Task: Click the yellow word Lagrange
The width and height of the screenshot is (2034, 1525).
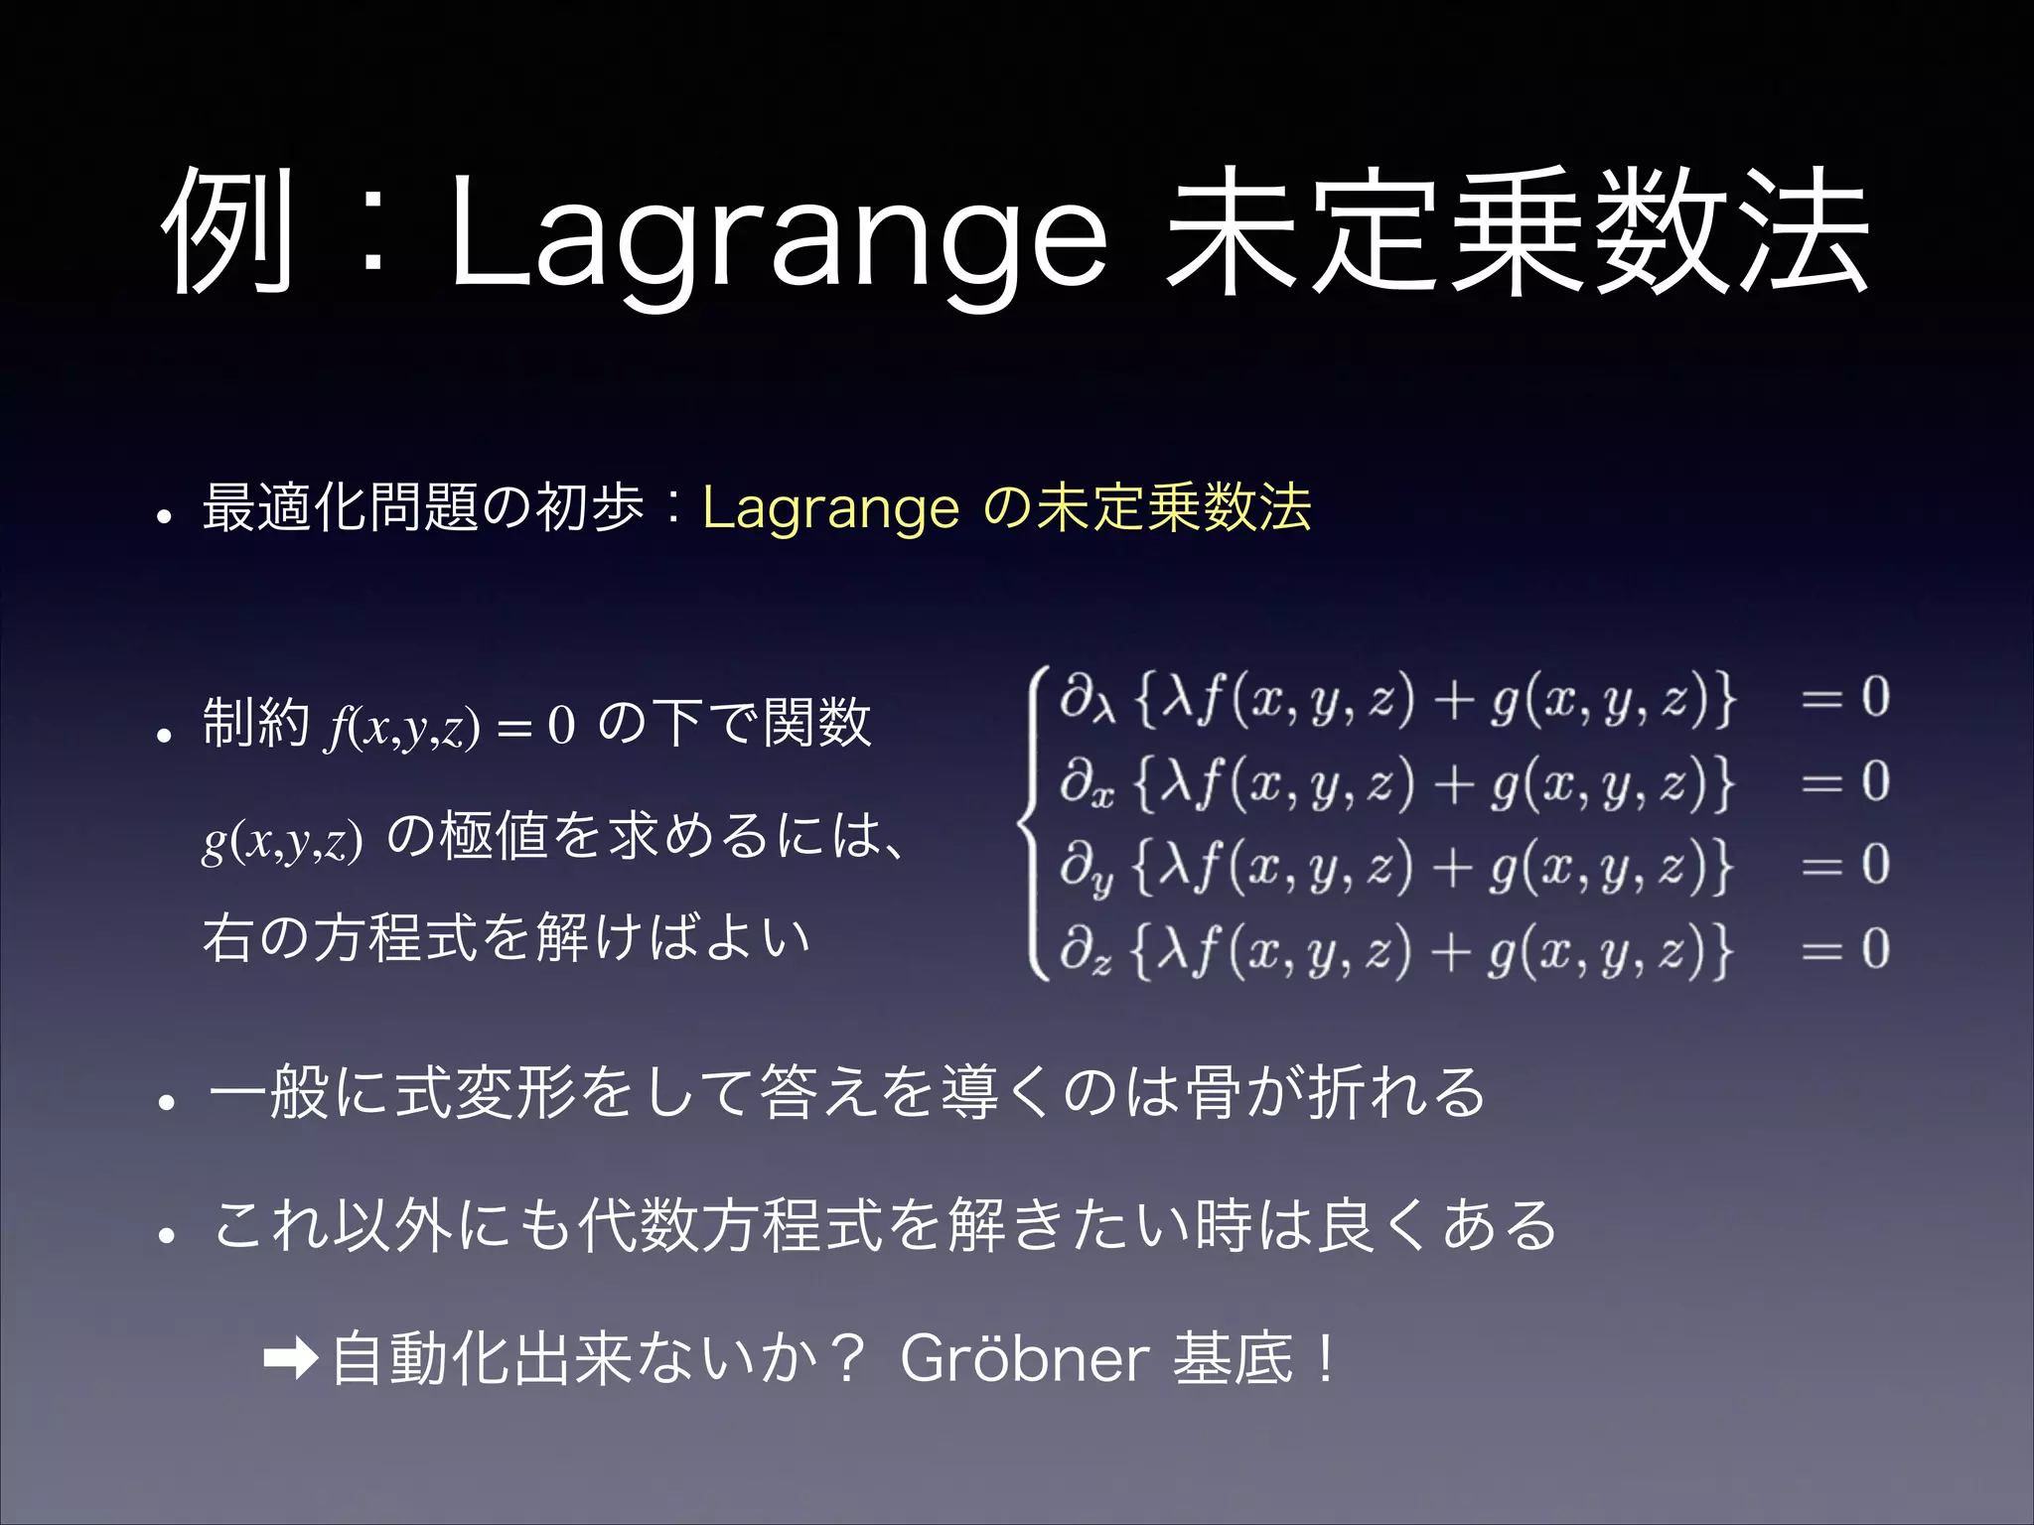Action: click(830, 508)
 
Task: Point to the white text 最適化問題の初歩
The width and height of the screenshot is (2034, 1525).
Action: click(423, 508)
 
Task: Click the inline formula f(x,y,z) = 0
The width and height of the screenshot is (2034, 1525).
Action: click(451, 726)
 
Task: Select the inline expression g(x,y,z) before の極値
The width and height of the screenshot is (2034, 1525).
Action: click(282, 840)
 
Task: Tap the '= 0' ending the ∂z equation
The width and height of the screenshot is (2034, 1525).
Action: click(1845, 949)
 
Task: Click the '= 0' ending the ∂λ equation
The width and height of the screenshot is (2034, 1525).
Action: click(1845, 697)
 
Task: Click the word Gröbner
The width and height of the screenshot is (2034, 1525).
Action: click(1024, 1359)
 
